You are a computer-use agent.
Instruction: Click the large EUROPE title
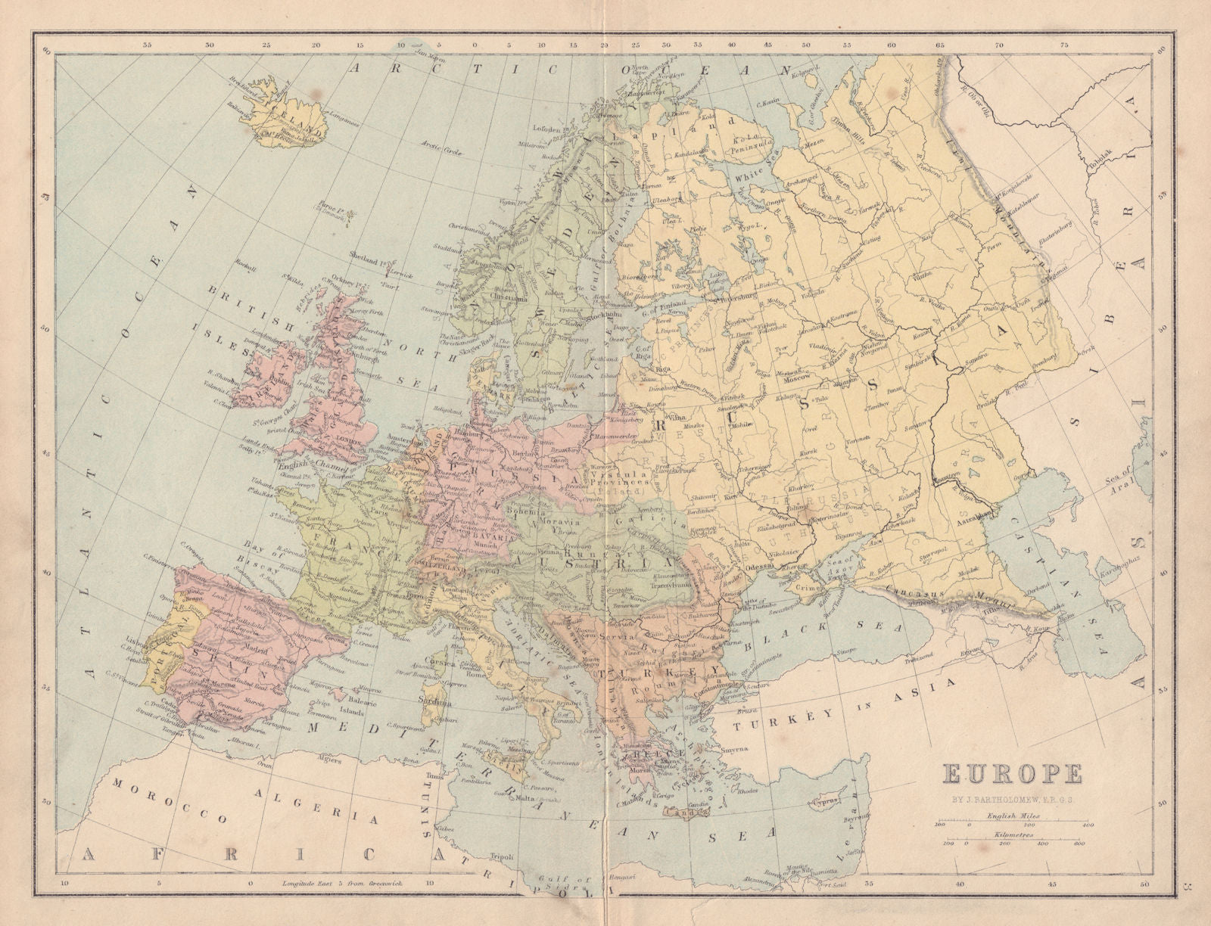1013,775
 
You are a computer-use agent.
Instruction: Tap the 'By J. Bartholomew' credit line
1013,799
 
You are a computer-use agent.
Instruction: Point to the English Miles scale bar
1013,821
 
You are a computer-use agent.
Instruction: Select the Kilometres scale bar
1013,840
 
